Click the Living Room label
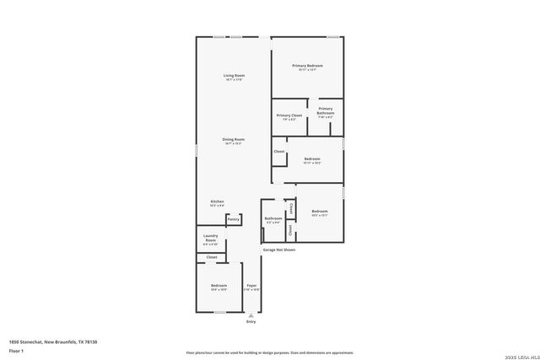coord(234,76)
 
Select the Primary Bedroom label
coord(307,66)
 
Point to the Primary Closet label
coord(289,116)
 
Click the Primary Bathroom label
coord(326,110)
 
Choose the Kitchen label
coord(218,201)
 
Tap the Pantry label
coord(234,219)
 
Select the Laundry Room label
coord(211,239)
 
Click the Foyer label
coord(251,286)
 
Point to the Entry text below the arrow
coord(251,322)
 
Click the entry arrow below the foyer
coord(251,314)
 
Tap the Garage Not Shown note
coord(279,250)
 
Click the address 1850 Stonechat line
coord(53,341)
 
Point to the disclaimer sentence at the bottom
coord(270,352)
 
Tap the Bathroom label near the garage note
coord(273,218)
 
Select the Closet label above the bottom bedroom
coord(212,257)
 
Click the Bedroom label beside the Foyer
coord(219,286)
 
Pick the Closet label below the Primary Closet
coord(279,152)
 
